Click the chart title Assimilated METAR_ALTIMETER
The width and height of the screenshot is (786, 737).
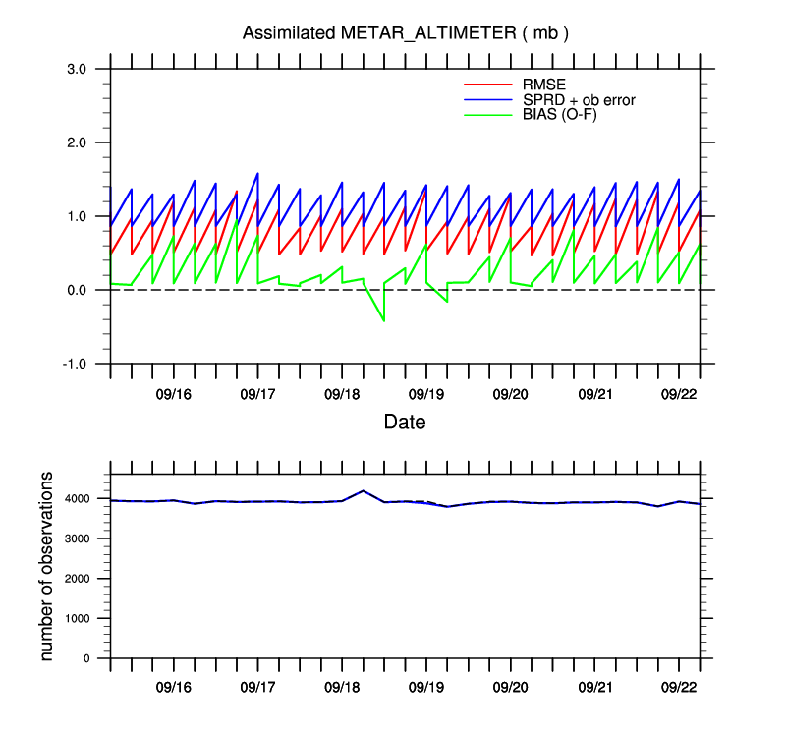[406, 33]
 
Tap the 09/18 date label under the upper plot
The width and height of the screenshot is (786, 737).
[341, 394]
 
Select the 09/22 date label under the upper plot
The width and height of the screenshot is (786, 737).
[679, 394]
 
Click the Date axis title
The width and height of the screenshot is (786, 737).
[404, 423]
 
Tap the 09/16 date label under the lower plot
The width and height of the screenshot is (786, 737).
[173, 688]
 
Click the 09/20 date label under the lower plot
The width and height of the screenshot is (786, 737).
[511, 688]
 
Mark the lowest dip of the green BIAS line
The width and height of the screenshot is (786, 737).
[383, 320]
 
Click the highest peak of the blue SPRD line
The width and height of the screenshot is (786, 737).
[257, 173]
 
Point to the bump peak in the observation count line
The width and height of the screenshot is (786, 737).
[363, 490]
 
